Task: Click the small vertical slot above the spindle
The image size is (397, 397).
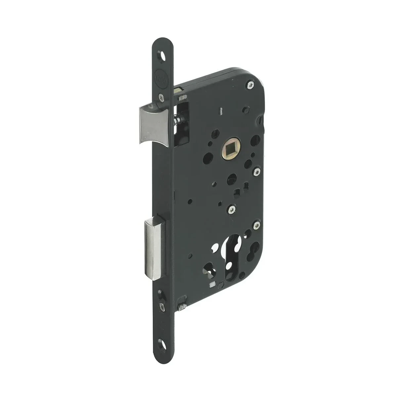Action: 220,127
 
